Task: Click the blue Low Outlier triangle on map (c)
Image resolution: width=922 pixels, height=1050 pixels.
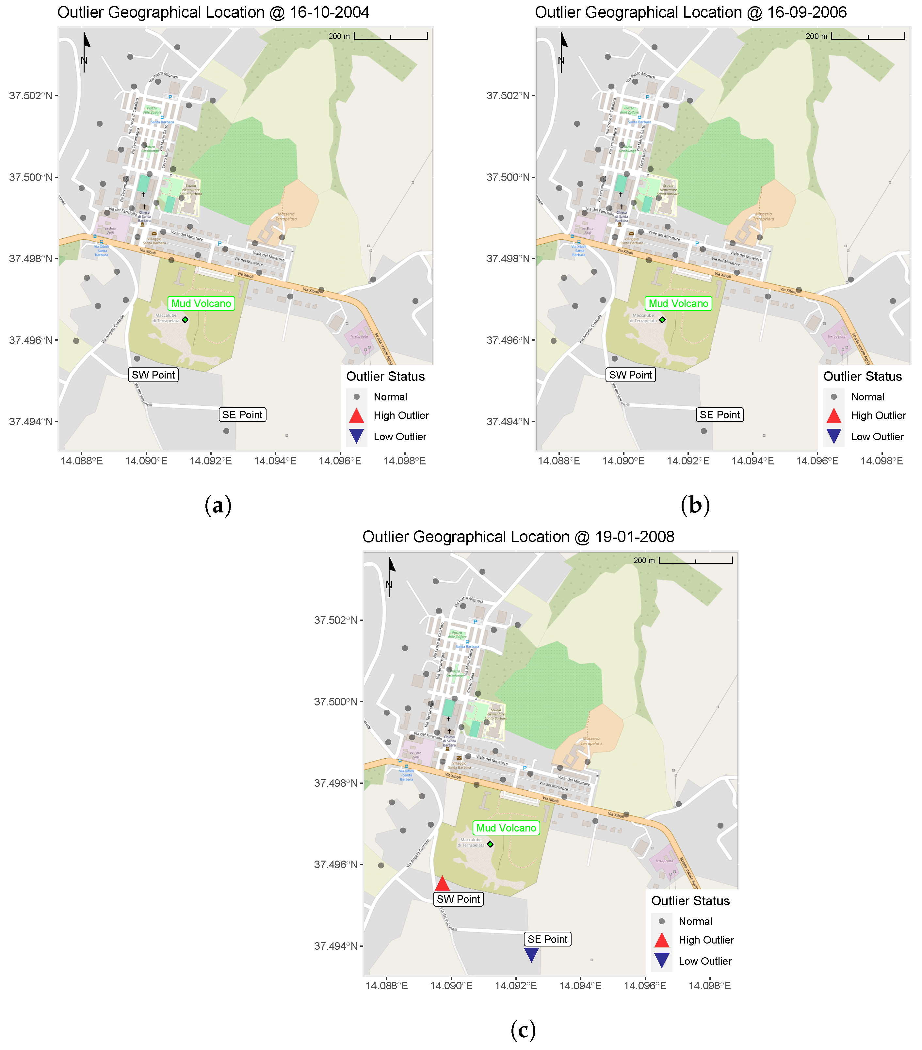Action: click(531, 954)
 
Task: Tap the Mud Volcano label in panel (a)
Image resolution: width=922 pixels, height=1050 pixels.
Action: click(201, 304)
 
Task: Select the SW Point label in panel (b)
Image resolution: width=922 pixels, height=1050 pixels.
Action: click(630, 375)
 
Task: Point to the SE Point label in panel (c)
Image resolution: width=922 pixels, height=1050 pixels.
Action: click(548, 939)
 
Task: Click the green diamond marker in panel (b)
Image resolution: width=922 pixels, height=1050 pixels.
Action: click(663, 319)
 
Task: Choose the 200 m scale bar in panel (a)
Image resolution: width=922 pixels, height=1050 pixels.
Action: click(390, 36)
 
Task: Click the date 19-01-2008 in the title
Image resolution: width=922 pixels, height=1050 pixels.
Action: click(634, 537)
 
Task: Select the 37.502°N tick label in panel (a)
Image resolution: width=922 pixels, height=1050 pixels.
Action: click(31, 96)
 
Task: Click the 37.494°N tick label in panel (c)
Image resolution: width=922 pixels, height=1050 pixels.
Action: click(336, 946)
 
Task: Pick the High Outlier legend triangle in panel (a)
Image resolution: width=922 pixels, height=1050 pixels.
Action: click(356, 415)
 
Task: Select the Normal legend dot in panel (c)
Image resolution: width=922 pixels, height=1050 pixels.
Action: click(662, 921)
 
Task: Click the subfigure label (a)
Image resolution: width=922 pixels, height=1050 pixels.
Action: click(218, 506)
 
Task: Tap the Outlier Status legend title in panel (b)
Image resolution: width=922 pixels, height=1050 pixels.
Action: click(863, 377)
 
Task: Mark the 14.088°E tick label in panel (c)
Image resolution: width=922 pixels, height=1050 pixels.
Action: click(386, 985)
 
